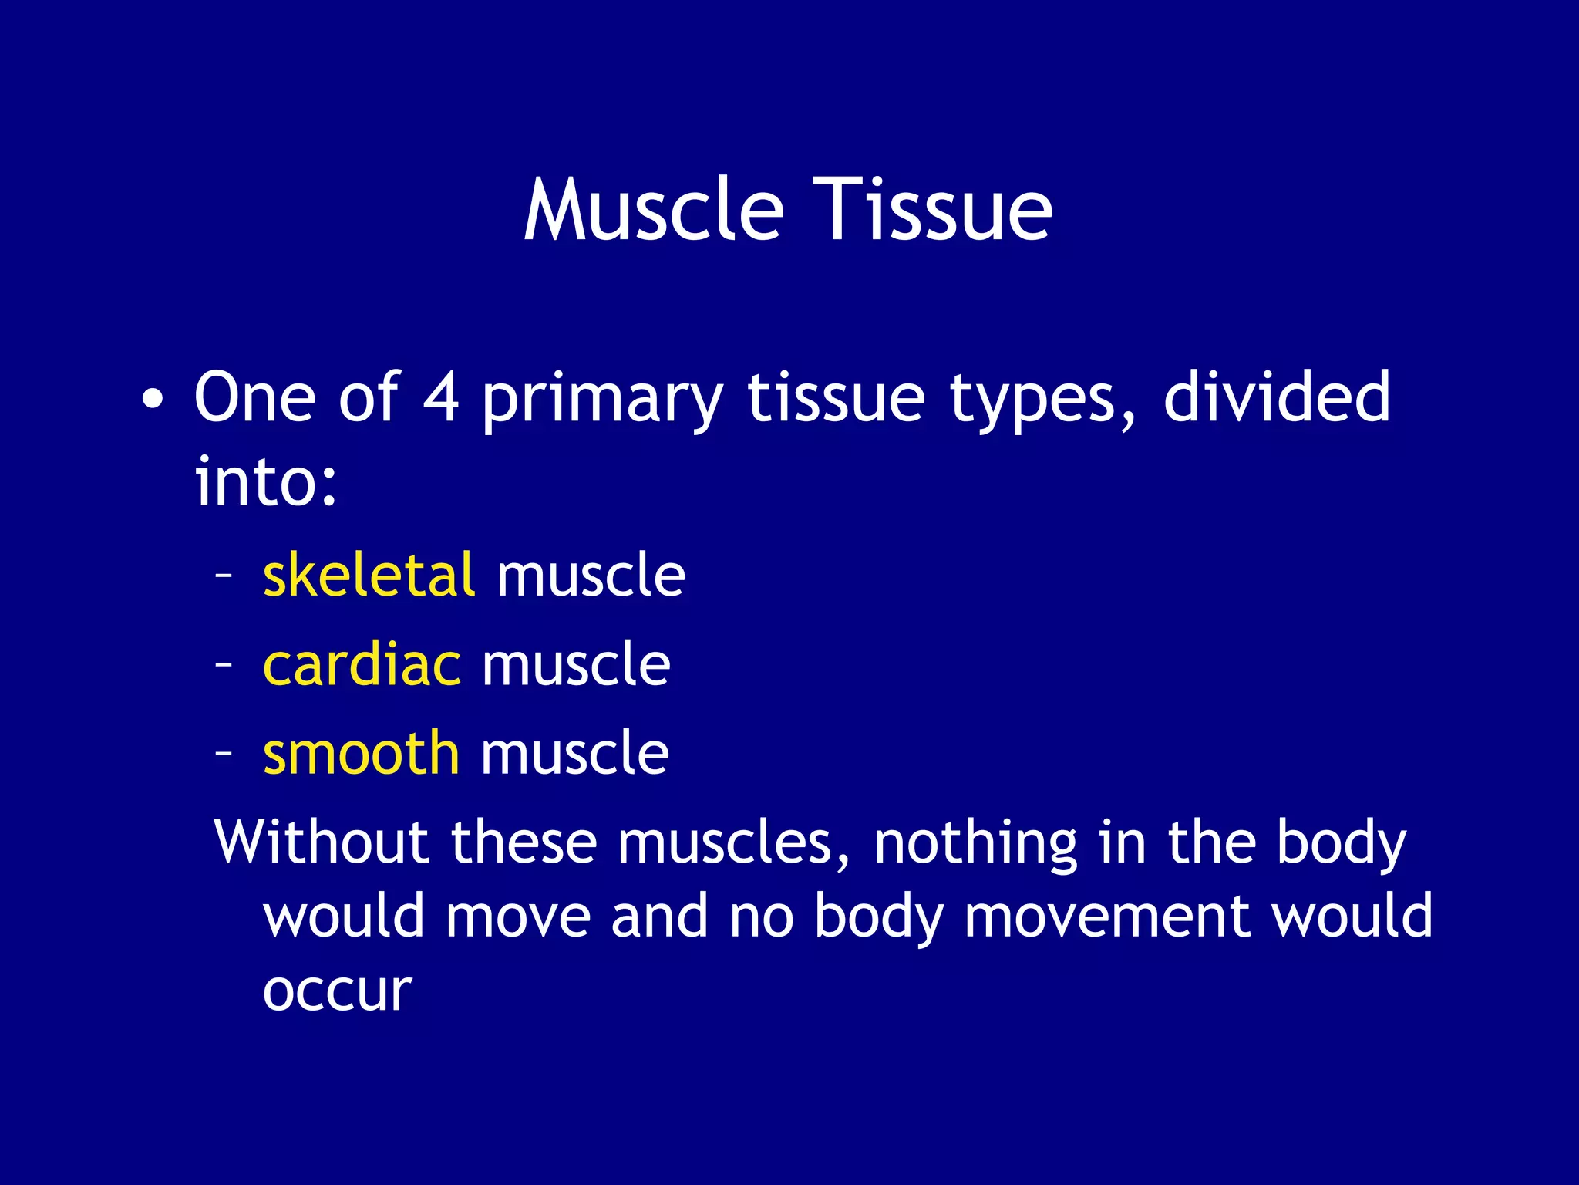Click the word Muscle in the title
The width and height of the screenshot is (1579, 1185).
pyautogui.click(x=654, y=210)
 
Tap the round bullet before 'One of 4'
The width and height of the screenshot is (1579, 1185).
pyautogui.click(x=153, y=400)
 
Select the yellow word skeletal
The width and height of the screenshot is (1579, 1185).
pyautogui.click(x=369, y=576)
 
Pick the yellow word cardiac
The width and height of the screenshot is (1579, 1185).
pyautogui.click(x=362, y=664)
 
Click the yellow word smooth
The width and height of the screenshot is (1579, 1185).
pyautogui.click(x=361, y=753)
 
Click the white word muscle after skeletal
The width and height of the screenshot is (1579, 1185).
pyautogui.click(x=591, y=576)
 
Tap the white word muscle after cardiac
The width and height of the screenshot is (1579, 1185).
pyautogui.click(x=576, y=664)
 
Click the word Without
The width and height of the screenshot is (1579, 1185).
pyautogui.click(x=321, y=842)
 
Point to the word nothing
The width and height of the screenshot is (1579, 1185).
pyautogui.click(x=975, y=844)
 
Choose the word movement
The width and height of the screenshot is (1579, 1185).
pyautogui.click(x=1107, y=916)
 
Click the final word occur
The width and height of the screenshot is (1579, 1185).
pyautogui.click(x=337, y=991)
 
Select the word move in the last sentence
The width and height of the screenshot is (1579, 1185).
pyautogui.click(x=517, y=916)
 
